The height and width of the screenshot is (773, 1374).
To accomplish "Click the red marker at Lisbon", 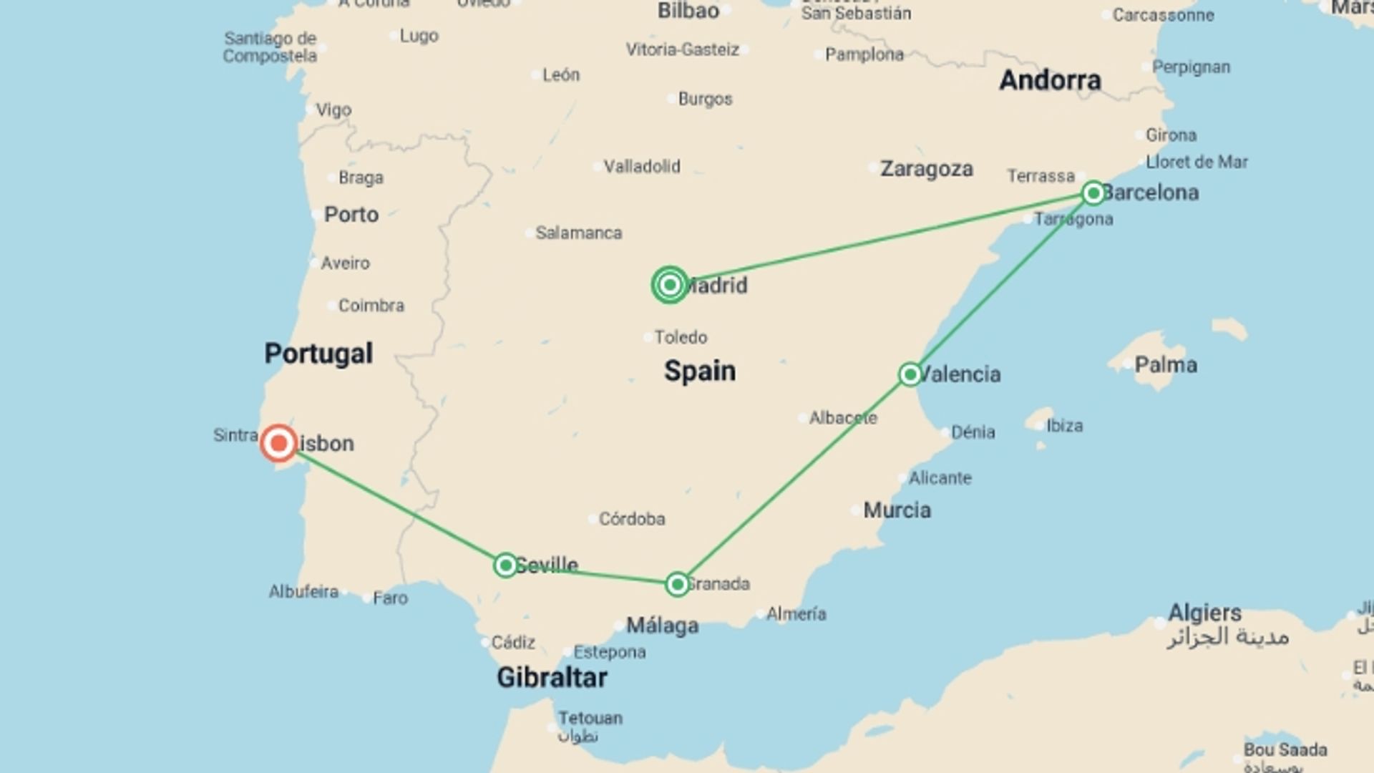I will [278, 444].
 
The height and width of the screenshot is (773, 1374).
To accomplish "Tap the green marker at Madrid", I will [670, 285].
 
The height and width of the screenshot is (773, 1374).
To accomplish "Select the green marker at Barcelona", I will [1093, 193].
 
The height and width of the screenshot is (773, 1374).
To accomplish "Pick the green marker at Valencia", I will [910, 374].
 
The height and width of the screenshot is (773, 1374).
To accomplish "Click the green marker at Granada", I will [677, 584].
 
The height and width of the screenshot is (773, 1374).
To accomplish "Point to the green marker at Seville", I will [505, 565].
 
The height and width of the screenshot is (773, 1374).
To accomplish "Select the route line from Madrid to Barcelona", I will [880, 238].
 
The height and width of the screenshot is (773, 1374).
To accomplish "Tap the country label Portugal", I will [318, 354].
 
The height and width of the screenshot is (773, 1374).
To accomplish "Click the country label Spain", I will [699, 371].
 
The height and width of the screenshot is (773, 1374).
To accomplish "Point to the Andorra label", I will [1050, 80].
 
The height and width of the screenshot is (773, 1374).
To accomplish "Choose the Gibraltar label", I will [552, 677].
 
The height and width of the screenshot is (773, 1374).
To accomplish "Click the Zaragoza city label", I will [926, 169].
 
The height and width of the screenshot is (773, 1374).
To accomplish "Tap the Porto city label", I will [351, 214].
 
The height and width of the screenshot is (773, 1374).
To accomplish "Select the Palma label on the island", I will [1165, 365].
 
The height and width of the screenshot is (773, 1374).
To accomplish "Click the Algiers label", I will [1204, 613].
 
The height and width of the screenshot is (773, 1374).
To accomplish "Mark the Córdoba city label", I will [631, 518].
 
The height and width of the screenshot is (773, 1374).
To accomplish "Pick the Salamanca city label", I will [578, 233].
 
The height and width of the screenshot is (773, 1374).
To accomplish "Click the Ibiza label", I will [1064, 426].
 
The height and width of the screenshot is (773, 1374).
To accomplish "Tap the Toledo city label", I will [680, 337].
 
